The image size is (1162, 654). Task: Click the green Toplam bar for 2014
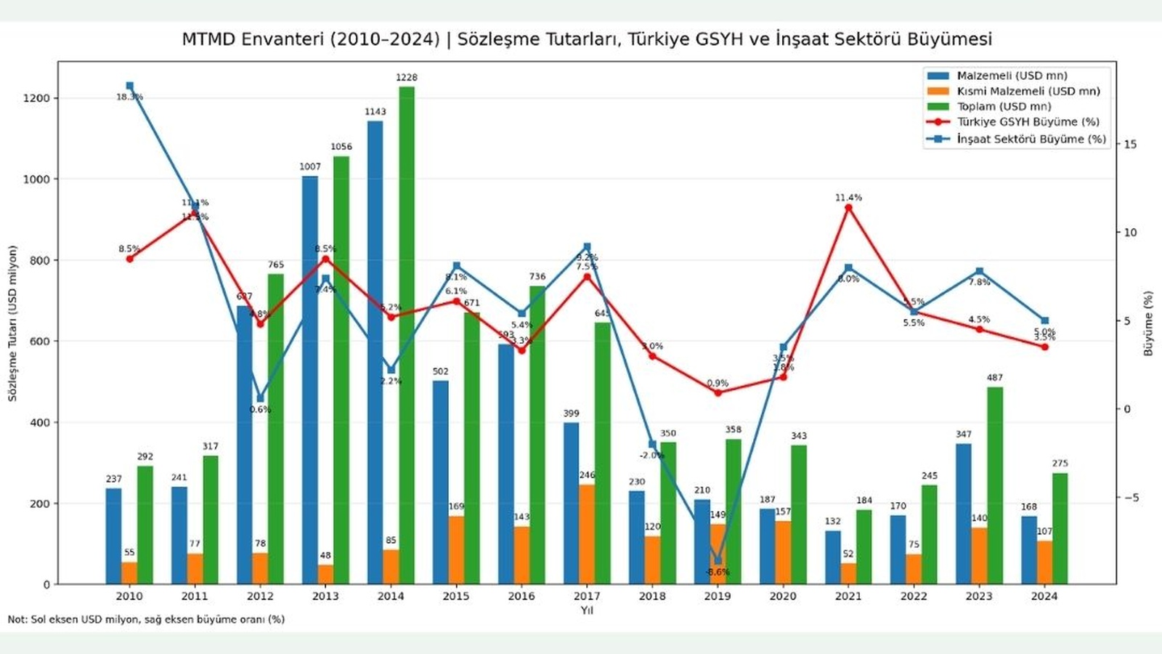click(x=407, y=334)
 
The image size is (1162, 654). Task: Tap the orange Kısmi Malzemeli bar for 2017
click(x=587, y=534)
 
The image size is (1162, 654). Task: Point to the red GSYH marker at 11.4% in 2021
click(x=848, y=208)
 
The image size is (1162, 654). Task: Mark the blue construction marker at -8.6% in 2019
click(x=718, y=560)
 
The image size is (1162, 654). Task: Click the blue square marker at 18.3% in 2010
click(x=130, y=86)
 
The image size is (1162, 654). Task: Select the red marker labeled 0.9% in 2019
click(x=718, y=392)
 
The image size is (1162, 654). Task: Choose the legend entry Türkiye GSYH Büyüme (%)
click(x=1028, y=122)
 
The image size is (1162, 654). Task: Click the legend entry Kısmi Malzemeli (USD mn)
click(x=1028, y=91)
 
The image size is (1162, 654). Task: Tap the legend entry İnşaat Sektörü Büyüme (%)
click(x=1031, y=138)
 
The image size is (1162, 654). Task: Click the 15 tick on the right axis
click(x=1130, y=144)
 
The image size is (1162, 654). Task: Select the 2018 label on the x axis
click(x=652, y=596)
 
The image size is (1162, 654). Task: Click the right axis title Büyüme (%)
click(x=1148, y=323)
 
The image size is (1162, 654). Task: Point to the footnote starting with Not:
click(x=145, y=619)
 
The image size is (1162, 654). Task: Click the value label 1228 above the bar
click(x=407, y=77)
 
